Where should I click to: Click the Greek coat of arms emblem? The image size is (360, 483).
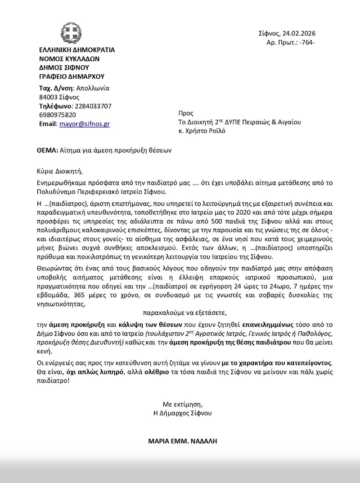[70, 32]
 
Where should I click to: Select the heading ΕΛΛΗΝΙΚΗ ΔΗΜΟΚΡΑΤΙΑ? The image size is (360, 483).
[77, 50]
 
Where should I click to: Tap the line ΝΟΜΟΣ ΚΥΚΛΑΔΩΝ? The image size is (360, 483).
[69, 59]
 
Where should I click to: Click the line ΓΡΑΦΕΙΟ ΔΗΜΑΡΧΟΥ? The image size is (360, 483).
[72, 77]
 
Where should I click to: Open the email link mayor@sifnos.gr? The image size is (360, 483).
[85, 124]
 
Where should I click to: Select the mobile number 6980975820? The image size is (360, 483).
[58, 115]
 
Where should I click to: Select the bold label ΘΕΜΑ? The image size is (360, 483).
[48, 151]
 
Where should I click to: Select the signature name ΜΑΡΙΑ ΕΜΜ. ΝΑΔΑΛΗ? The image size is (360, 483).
[183, 441]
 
